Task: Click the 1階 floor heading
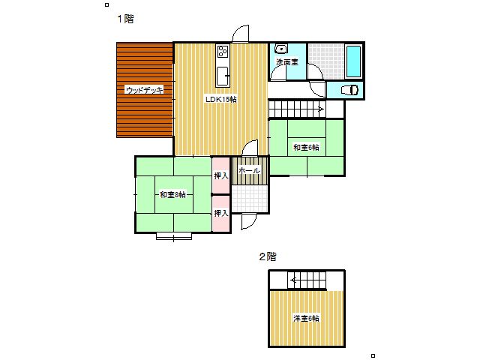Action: coord(125,19)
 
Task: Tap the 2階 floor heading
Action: coord(268,256)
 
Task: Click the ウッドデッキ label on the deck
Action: coord(145,90)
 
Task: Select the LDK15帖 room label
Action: coord(221,99)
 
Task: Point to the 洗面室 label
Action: coord(287,61)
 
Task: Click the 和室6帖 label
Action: coord(306,147)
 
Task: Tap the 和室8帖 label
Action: coord(172,195)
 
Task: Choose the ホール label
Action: coord(249,170)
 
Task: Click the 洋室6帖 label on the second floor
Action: coord(306,318)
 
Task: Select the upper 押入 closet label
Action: coord(221,175)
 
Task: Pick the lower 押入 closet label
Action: coord(221,213)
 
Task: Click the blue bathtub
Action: coord(353,61)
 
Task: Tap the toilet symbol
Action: coord(349,90)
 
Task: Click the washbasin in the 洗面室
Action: coord(281,49)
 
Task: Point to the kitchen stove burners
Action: coord(223,52)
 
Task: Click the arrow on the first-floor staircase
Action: coord(321,109)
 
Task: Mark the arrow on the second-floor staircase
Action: coord(293,280)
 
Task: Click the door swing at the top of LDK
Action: coord(241,34)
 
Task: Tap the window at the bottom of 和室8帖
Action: coord(174,236)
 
